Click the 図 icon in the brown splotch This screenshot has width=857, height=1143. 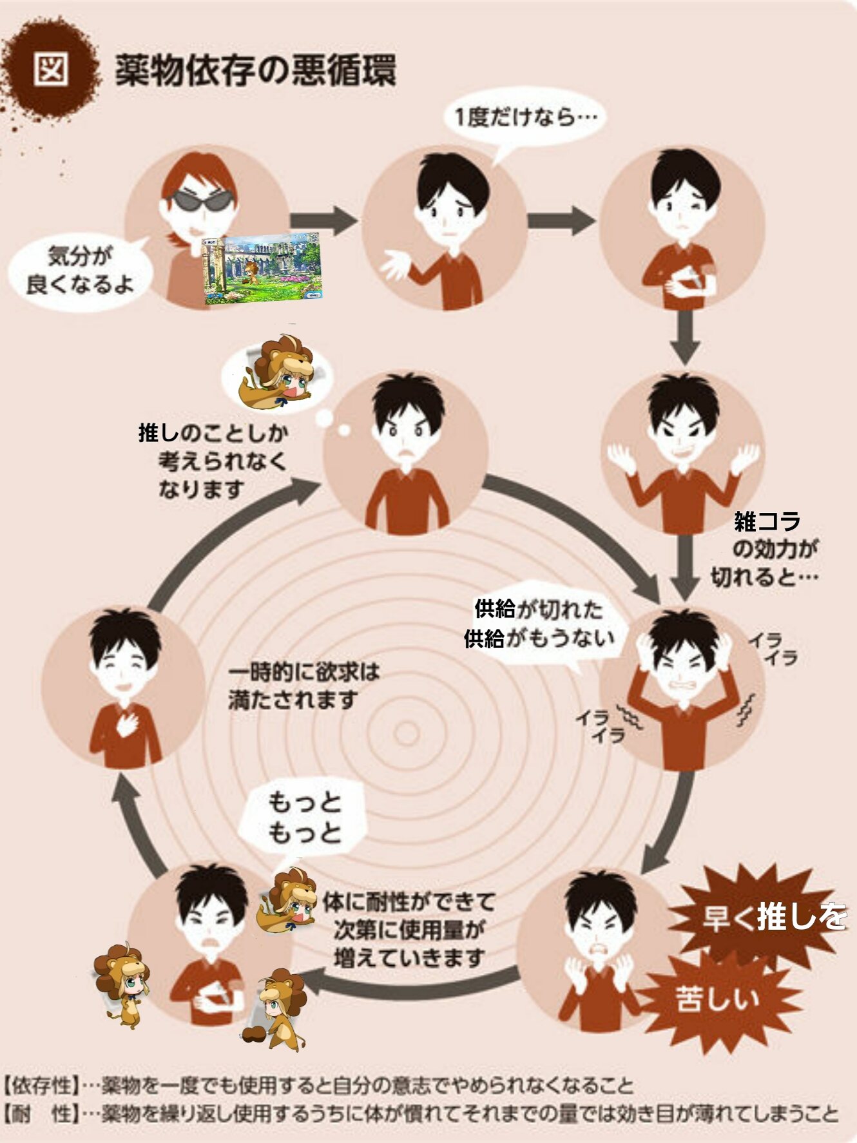[x=51, y=68]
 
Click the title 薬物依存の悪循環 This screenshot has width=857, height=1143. [x=255, y=70]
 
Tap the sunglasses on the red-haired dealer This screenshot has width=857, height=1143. [x=202, y=201]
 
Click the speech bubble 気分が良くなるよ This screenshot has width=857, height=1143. [x=79, y=271]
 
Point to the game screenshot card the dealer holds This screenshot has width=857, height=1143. [x=262, y=268]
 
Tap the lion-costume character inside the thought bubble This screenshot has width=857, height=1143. [x=278, y=372]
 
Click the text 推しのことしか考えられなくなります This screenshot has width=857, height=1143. [x=213, y=460]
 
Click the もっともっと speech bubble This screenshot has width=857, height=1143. [x=303, y=818]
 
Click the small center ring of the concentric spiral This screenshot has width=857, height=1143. [x=407, y=733]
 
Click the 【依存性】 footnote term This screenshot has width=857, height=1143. [x=41, y=1085]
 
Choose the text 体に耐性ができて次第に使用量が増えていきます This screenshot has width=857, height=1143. [x=409, y=929]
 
